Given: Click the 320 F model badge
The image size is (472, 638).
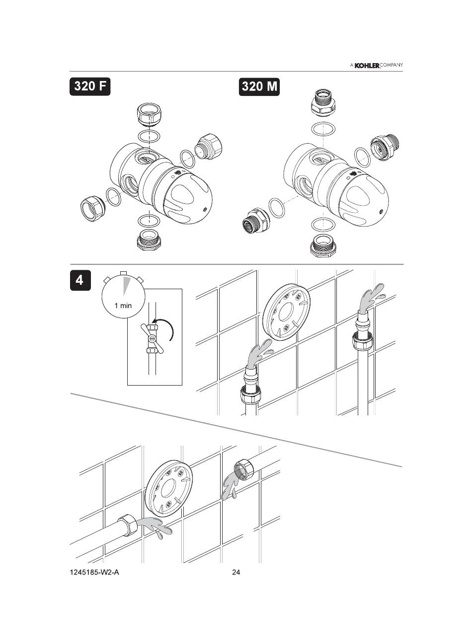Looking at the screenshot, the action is pos(90,86).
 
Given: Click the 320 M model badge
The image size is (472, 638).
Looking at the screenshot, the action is pos(259,86).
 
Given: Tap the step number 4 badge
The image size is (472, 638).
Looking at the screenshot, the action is pos(80,280).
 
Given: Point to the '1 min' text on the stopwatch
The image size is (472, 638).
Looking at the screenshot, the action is pos(123,306).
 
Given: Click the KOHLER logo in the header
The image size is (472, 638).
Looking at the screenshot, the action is pos(367,66).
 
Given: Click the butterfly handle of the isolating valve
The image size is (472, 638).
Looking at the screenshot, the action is pos(152,338).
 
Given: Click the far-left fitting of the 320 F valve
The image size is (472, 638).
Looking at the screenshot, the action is pos(92,207).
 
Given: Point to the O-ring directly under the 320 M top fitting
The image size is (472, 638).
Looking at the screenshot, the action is pos(323,128).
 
